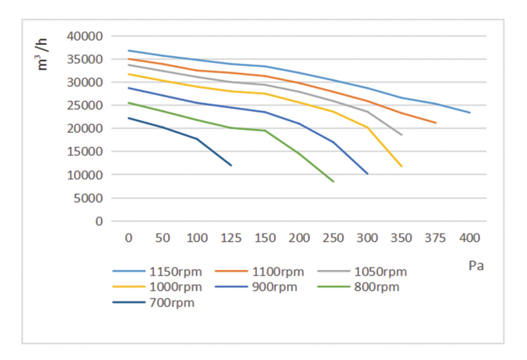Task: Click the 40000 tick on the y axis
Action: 85,36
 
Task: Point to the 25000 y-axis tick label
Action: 85,105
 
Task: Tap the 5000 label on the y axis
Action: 88,198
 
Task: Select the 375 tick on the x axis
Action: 436,238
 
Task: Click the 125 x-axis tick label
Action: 231,238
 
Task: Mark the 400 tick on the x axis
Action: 470,238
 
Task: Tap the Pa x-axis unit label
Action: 476,266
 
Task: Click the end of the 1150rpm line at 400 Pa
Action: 470,113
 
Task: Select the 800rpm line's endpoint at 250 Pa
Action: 334,182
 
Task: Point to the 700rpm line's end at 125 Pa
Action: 231,165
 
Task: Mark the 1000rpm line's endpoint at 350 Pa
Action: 401,167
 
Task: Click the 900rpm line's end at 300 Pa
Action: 368,174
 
